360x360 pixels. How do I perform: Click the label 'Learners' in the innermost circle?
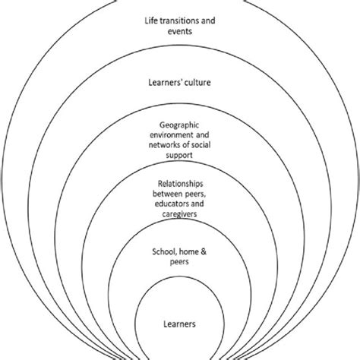pyautogui.click(x=180, y=324)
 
